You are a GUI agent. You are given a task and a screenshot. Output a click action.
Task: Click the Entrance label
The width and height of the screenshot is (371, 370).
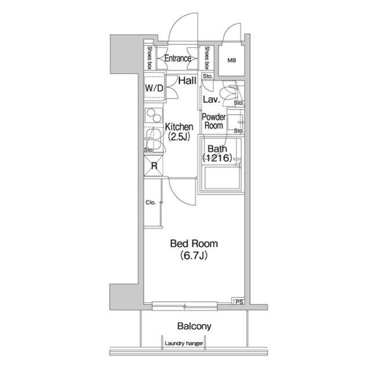click(x=178, y=58)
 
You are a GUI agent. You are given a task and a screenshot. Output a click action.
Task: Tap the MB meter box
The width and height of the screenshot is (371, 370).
click(x=231, y=60)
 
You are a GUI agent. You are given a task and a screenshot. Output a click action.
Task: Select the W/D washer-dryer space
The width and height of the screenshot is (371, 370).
click(x=154, y=88)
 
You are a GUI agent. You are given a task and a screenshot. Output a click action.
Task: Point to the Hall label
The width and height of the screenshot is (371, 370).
click(x=187, y=80)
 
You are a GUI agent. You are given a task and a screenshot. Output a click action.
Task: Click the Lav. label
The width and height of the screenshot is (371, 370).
click(x=211, y=99)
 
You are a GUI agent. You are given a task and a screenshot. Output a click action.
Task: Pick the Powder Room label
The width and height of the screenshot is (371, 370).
click(x=214, y=121)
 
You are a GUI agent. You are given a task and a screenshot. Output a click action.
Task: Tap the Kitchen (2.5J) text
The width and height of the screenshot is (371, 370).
click(x=179, y=131)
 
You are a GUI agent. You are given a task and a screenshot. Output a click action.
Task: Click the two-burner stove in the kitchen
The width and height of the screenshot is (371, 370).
click(x=154, y=115)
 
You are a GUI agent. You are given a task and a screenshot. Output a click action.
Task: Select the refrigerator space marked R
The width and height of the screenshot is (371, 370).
click(x=154, y=166)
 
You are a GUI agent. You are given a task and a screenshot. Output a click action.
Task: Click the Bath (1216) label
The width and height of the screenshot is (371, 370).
click(x=217, y=153)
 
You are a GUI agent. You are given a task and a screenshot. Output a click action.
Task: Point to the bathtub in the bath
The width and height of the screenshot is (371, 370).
click(x=222, y=178)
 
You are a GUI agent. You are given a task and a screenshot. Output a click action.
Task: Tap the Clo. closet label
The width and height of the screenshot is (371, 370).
click(x=151, y=203)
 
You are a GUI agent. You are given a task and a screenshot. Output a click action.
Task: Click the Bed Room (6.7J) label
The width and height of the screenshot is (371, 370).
click(x=194, y=249)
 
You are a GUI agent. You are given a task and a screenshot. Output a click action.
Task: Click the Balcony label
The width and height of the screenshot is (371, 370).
click(x=194, y=326)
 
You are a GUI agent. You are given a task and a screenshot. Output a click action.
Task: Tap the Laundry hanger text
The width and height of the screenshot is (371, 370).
click(x=184, y=343)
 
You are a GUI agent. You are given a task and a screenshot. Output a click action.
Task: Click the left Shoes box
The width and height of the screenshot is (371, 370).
click(x=150, y=58)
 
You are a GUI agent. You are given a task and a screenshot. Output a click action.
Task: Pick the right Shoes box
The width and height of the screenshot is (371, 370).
click(x=207, y=58)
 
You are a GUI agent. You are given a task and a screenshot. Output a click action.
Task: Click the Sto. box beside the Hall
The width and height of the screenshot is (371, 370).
click(x=208, y=76)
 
